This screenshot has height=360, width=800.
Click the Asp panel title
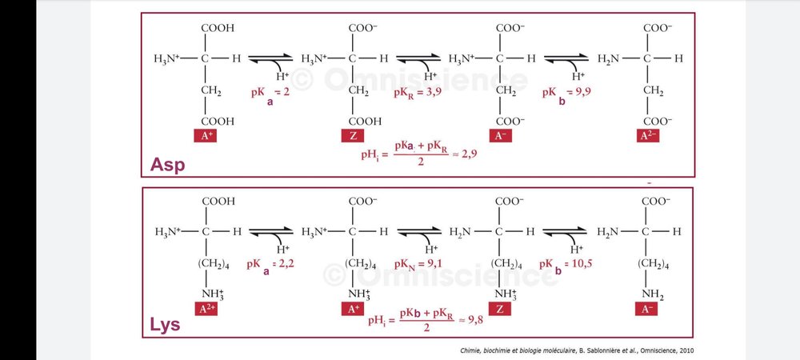point(167,164)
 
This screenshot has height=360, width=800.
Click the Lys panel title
point(165,324)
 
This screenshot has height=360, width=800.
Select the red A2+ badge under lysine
point(206,309)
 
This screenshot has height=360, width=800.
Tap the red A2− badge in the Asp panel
point(648,136)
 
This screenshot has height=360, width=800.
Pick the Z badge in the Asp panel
point(353,136)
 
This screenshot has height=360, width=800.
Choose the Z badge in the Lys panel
point(499,309)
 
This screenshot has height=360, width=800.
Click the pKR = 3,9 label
point(418,94)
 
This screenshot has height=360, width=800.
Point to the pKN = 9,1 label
point(418,265)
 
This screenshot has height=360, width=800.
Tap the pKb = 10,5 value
point(566,266)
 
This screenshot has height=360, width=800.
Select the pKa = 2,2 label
point(270,266)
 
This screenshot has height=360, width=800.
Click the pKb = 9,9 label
point(567,95)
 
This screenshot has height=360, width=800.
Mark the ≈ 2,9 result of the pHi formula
point(464,154)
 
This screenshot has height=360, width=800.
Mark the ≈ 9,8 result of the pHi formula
point(470,321)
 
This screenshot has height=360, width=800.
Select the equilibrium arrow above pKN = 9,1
point(419,232)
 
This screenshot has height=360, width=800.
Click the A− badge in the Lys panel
point(646,309)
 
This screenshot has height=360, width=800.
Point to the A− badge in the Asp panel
point(501,136)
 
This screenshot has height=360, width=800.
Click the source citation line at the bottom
point(577,350)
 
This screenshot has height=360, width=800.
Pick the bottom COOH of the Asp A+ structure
point(218,122)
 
